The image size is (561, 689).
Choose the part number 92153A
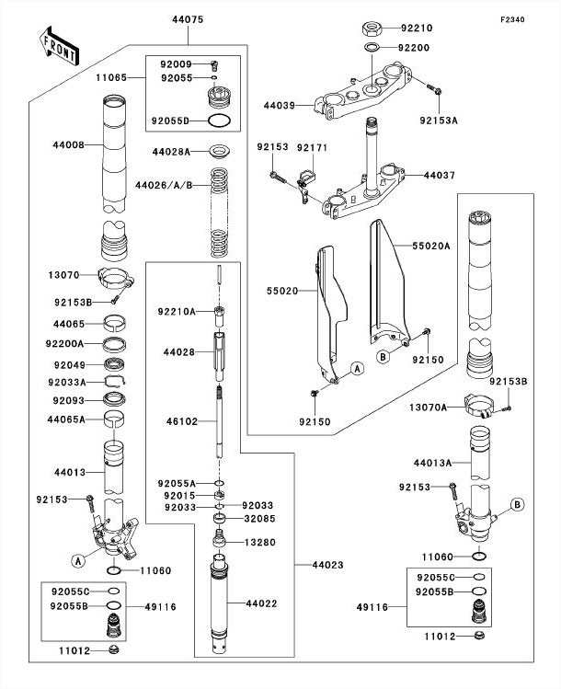439,119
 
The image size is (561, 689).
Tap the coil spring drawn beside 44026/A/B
220,213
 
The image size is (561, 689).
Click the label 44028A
172,151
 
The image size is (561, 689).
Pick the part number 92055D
171,120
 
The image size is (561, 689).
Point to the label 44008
67,144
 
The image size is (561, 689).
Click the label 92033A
65,382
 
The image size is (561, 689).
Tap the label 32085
258,519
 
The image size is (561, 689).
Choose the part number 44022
261,603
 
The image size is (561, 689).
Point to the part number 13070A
429,407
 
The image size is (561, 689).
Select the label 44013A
432,463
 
